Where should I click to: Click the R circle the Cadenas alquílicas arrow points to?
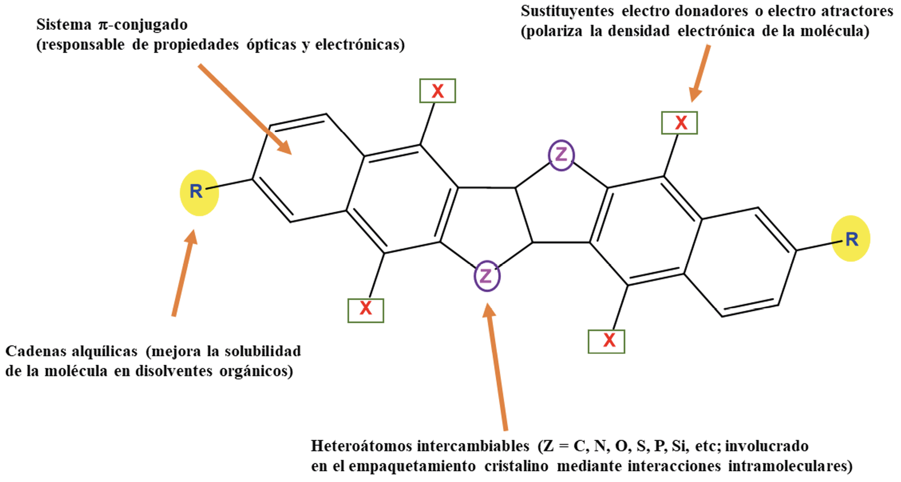tap(199, 192)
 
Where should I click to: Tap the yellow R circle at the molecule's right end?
tap(851, 239)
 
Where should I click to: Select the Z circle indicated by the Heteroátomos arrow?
tap(486, 276)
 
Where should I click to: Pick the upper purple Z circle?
tap(561, 155)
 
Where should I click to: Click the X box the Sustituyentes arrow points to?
tap(679, 123)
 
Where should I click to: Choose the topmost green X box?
tap(437, 91)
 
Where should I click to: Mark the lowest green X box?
tap(606, 341)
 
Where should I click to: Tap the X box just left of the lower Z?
tap(366, 310)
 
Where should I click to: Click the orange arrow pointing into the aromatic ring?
tap(244, 108)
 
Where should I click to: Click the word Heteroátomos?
tap(360, 446)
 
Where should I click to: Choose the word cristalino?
tap(517, 466)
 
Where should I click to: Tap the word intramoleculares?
tap(790, 466)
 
